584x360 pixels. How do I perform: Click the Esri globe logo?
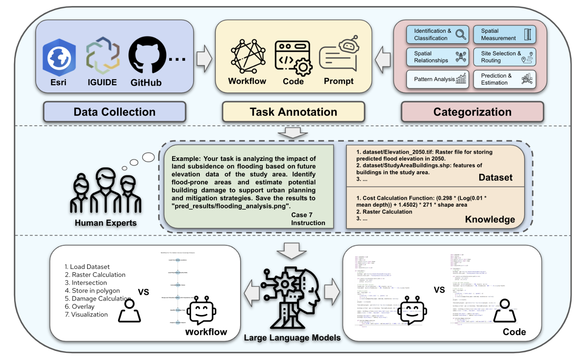(x=59, y=57)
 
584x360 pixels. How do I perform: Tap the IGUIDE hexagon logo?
(x=103, y=55)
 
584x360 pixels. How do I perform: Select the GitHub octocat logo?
(x=147, y=55)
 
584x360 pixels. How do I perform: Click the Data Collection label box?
(x=114, y=112)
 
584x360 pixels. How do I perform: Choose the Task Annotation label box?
(x=293, y=112)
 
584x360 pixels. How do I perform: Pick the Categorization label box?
(x=472, y=112)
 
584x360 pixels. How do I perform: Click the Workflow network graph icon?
(x=248, y=56)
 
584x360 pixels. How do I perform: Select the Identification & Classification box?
(x=437, y=35)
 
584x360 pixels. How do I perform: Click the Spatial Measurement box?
(x=504, y=35)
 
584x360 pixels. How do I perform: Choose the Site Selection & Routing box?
(x=504, y=57)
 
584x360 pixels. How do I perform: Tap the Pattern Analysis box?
(x=437, y=79)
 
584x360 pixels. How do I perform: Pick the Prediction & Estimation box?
(x=504, y=79)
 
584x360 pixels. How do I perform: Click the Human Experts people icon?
(x=105, y=191)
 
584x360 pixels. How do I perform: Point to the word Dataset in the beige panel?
(x=495, y=177)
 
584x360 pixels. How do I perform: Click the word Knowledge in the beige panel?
(x=490, y=219)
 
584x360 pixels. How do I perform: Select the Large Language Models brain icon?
(x=292, y=297)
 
